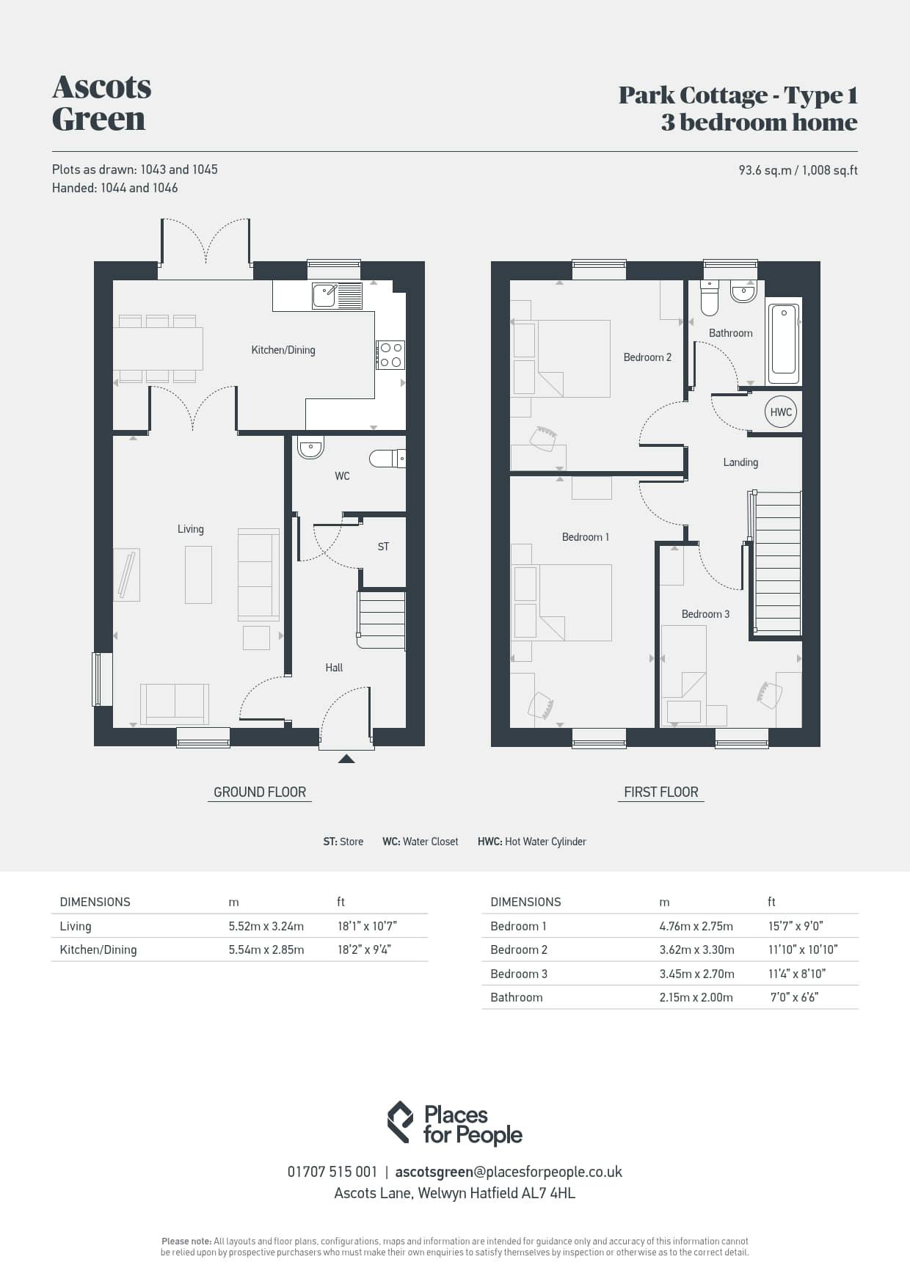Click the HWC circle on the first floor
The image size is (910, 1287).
(781, 412)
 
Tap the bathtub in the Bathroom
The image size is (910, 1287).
(784, 341)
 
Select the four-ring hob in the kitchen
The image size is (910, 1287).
(390, 354)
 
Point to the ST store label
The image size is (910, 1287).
(383, 547)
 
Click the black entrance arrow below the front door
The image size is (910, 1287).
(346, 759)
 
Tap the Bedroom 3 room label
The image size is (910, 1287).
(705, 614)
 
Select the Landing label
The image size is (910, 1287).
(740, 462)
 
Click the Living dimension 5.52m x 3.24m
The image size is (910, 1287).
(266, 926)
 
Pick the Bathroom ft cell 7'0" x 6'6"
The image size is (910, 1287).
(794, 997)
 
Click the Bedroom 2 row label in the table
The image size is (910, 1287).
(519, 949)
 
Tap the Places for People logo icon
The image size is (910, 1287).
(400, 1122)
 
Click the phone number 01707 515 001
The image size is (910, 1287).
(332, 1172)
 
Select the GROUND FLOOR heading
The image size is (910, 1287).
(260, 792)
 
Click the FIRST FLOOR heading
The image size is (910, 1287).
(661, 792)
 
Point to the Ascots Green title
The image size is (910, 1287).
(102, 103)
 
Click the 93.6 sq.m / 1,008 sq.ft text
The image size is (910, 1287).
(798, 170)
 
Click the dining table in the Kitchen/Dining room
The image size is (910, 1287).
(158, 348)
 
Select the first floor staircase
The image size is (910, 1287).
(776, 563)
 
